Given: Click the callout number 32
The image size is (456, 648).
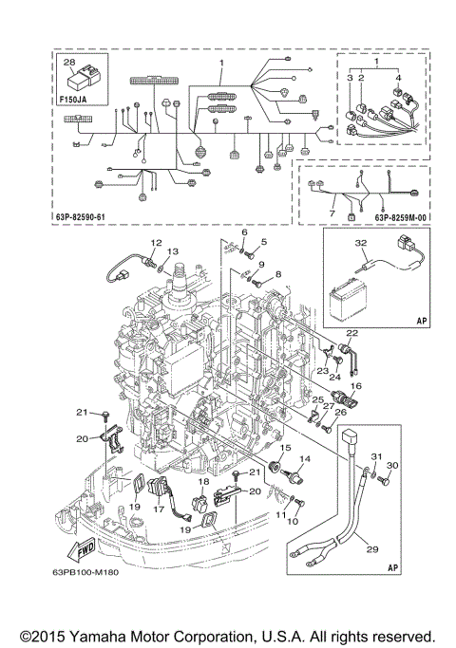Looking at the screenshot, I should (x=362, y=244).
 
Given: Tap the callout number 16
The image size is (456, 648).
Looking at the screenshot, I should (x=356, y=386).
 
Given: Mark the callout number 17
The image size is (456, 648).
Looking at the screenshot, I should (x=158, y=509).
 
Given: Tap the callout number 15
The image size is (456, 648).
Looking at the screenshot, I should (x=285, y=447).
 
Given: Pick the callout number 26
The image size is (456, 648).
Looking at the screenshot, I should (x=341, y=411).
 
